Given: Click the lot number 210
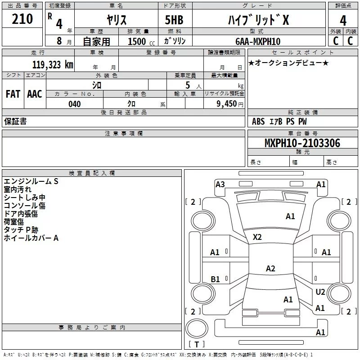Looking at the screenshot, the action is pos(22,19).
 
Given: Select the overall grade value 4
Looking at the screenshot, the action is pos(343,21).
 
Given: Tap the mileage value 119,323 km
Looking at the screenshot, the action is pos(53,65).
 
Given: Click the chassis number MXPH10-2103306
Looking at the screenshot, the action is pos(302,143).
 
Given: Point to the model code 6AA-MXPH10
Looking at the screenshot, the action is pos(258,41).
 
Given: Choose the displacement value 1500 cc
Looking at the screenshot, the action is pos(141,41).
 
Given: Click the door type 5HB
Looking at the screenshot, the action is pos(174,20).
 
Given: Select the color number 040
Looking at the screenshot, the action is pos(75,104).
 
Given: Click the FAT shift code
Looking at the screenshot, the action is pos(13,94).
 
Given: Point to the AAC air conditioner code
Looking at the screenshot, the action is pos(35,94).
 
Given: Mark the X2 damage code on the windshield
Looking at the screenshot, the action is pos(257,237).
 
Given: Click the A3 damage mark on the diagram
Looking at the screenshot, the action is pos(220,184).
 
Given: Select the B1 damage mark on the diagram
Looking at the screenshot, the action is pos(215,279).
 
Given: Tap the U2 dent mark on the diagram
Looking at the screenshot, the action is pos(320,292).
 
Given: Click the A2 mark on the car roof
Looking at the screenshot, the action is pos(270,268).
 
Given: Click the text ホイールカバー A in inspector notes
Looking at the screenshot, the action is pos(31,238).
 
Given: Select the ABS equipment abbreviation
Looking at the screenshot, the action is pos(258,121).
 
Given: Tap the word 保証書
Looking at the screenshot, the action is pos(15,121).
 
